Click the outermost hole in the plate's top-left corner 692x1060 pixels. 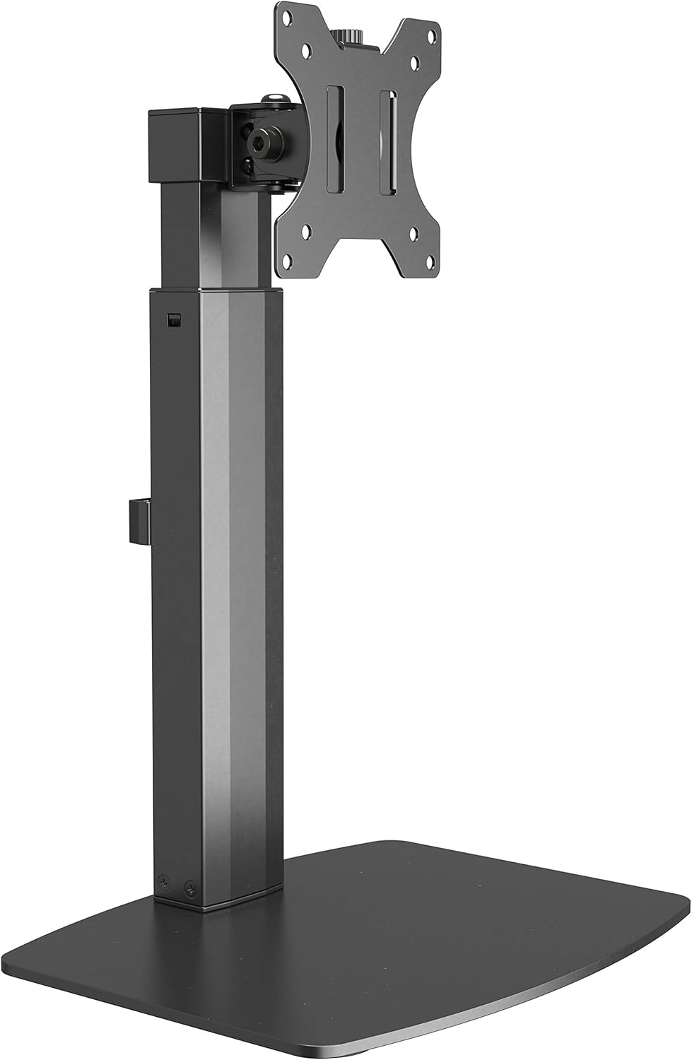pyautogui.click(x=288, y=13)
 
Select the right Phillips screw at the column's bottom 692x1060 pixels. pyautogui.click(x=189, y=886)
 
